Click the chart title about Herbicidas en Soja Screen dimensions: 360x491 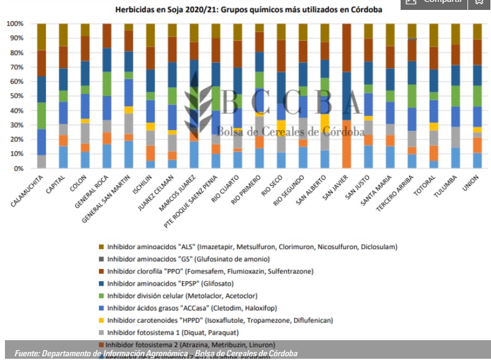tap(248, 10)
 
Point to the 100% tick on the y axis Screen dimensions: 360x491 tap(15, 24)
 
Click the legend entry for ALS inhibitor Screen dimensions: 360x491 tap(251, 247)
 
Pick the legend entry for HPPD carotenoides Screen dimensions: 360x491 tap(220, 320)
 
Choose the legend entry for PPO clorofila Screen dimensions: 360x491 tap(210, 271)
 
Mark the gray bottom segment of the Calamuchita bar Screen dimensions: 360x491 tap(41, 162)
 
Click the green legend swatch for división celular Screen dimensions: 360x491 tap(101, 296)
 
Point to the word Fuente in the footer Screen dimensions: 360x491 tap(27, 353)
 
